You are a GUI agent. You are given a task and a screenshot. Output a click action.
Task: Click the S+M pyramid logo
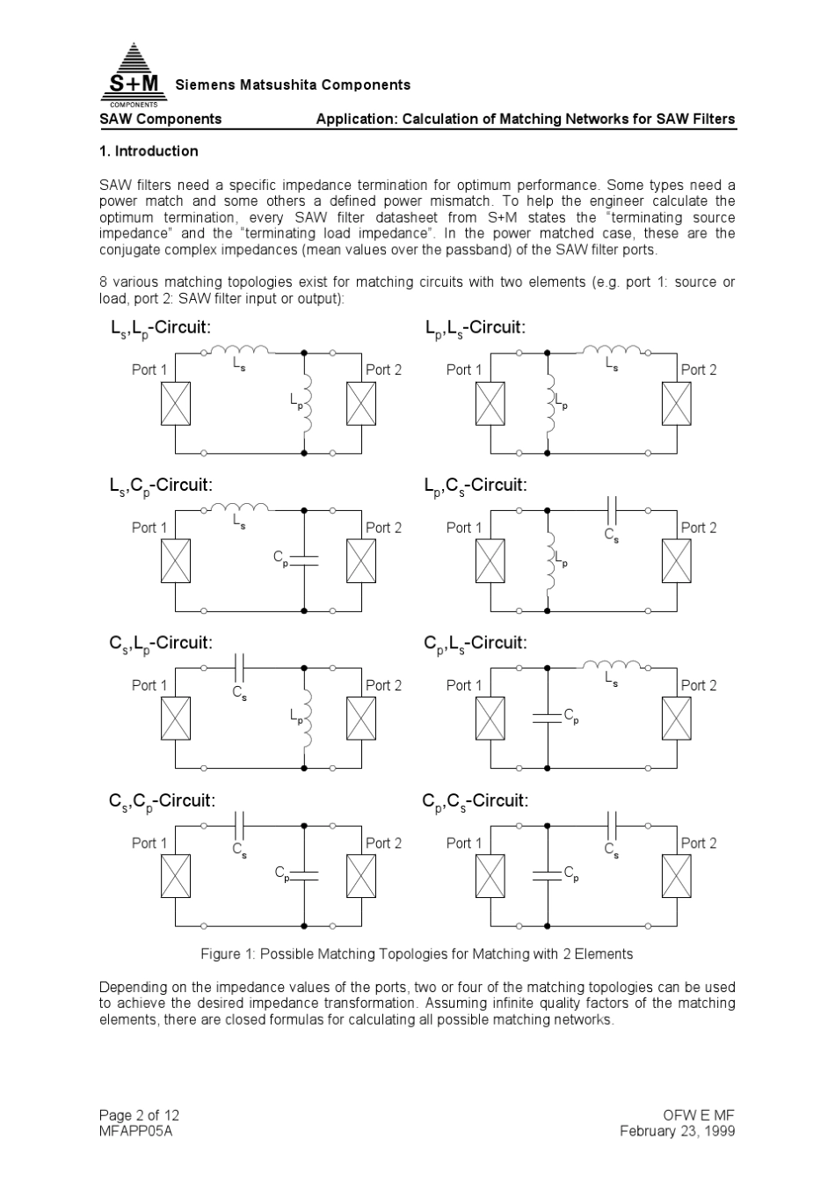[x=134, y=70]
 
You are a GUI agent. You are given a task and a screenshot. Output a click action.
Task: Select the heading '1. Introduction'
[x=149, y=151]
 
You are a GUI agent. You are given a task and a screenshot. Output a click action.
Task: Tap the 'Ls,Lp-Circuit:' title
[x=160, y=328]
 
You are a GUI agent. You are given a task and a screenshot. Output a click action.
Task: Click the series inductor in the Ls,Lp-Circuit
[x=239, y=351]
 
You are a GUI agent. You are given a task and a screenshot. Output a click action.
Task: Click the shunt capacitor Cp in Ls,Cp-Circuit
[x=303, y=558]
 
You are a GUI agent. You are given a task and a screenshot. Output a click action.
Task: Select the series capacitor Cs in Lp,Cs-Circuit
[x=613, y=510]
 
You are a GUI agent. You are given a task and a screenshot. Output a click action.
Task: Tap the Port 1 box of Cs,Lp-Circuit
[x=176, y=719]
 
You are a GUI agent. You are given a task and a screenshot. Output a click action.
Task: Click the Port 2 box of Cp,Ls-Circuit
[x=677, y=719]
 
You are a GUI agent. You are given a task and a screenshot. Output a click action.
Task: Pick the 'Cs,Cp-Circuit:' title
[x=162, y=801]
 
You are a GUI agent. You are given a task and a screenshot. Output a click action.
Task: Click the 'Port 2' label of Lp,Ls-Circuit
[x=699, y=369]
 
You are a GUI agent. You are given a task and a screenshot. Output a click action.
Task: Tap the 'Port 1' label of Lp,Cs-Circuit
[x=464, y=528]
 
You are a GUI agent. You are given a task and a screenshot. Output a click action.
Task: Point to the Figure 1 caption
[x=417, y=954]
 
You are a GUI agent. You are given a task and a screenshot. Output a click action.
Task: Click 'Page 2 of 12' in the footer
[x=139, y=1115]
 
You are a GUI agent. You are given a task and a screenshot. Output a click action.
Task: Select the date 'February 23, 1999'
[x=677, y=1131]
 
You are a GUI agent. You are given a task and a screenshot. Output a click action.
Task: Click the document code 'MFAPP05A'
[x=135, y=1131]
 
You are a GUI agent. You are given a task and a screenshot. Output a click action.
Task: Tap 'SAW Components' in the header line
[x=160, y=119]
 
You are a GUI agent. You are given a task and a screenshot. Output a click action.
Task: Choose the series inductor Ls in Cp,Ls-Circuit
[x=613, y=666]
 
